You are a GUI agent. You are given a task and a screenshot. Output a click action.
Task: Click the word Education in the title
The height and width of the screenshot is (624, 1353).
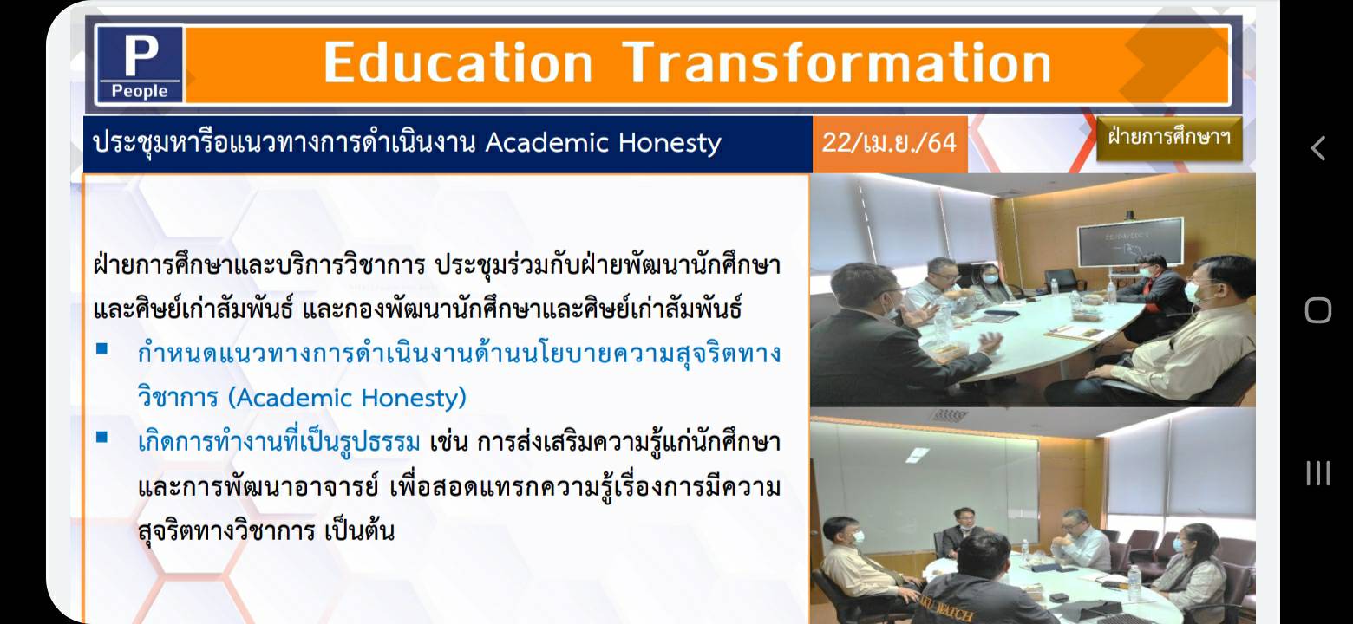(458, 62)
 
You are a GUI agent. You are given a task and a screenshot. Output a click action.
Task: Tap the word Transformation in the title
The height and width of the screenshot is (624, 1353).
(837, 62)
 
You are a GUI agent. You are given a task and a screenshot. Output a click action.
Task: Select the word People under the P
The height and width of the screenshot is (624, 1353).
(140, 91)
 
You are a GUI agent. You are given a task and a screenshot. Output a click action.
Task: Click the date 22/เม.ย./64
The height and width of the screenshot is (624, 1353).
(889, 143)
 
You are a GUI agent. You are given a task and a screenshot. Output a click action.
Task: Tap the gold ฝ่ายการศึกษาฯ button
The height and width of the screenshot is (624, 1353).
(1169, 138)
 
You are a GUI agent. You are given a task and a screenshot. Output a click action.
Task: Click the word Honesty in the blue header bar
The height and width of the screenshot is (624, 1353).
(670, 144)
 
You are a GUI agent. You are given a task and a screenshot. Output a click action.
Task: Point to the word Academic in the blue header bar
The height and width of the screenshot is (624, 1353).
(547, 142)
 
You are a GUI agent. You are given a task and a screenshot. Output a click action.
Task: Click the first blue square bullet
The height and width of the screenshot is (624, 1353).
(102, 348)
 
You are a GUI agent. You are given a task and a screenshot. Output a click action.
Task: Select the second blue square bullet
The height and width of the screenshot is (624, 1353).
(102, 437)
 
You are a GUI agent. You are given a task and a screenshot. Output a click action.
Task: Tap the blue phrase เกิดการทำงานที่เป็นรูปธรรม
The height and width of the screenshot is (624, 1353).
(278, 442)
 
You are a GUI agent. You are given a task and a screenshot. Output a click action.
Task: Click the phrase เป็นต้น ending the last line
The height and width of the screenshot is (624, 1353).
(359, 530)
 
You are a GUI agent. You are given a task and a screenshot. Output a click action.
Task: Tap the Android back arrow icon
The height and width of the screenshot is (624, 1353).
(1317, 148)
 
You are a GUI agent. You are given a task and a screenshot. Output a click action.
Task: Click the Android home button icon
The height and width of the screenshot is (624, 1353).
(1318, 311)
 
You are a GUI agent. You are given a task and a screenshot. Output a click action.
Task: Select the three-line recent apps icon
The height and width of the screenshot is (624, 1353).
(1318, 473)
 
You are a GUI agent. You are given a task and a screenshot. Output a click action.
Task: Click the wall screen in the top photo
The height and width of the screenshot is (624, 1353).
(1130, 242)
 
